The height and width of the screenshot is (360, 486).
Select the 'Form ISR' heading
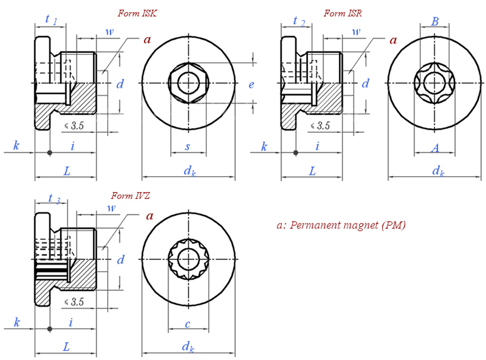[342, 14]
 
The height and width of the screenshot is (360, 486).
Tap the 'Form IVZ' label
[130, 196]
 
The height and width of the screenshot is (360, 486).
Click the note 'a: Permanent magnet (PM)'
[341, 225]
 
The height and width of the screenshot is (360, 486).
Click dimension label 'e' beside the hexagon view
[251, 85]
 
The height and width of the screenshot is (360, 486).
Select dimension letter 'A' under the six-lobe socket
[435, 147]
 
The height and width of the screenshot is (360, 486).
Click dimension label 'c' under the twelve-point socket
[187, 323]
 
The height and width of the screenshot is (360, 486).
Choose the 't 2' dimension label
[297, 20]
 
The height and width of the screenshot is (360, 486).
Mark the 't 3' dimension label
[53, 198]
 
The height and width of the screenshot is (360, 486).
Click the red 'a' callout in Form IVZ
[150, 216]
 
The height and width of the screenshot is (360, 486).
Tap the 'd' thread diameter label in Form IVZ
[121, 260]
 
